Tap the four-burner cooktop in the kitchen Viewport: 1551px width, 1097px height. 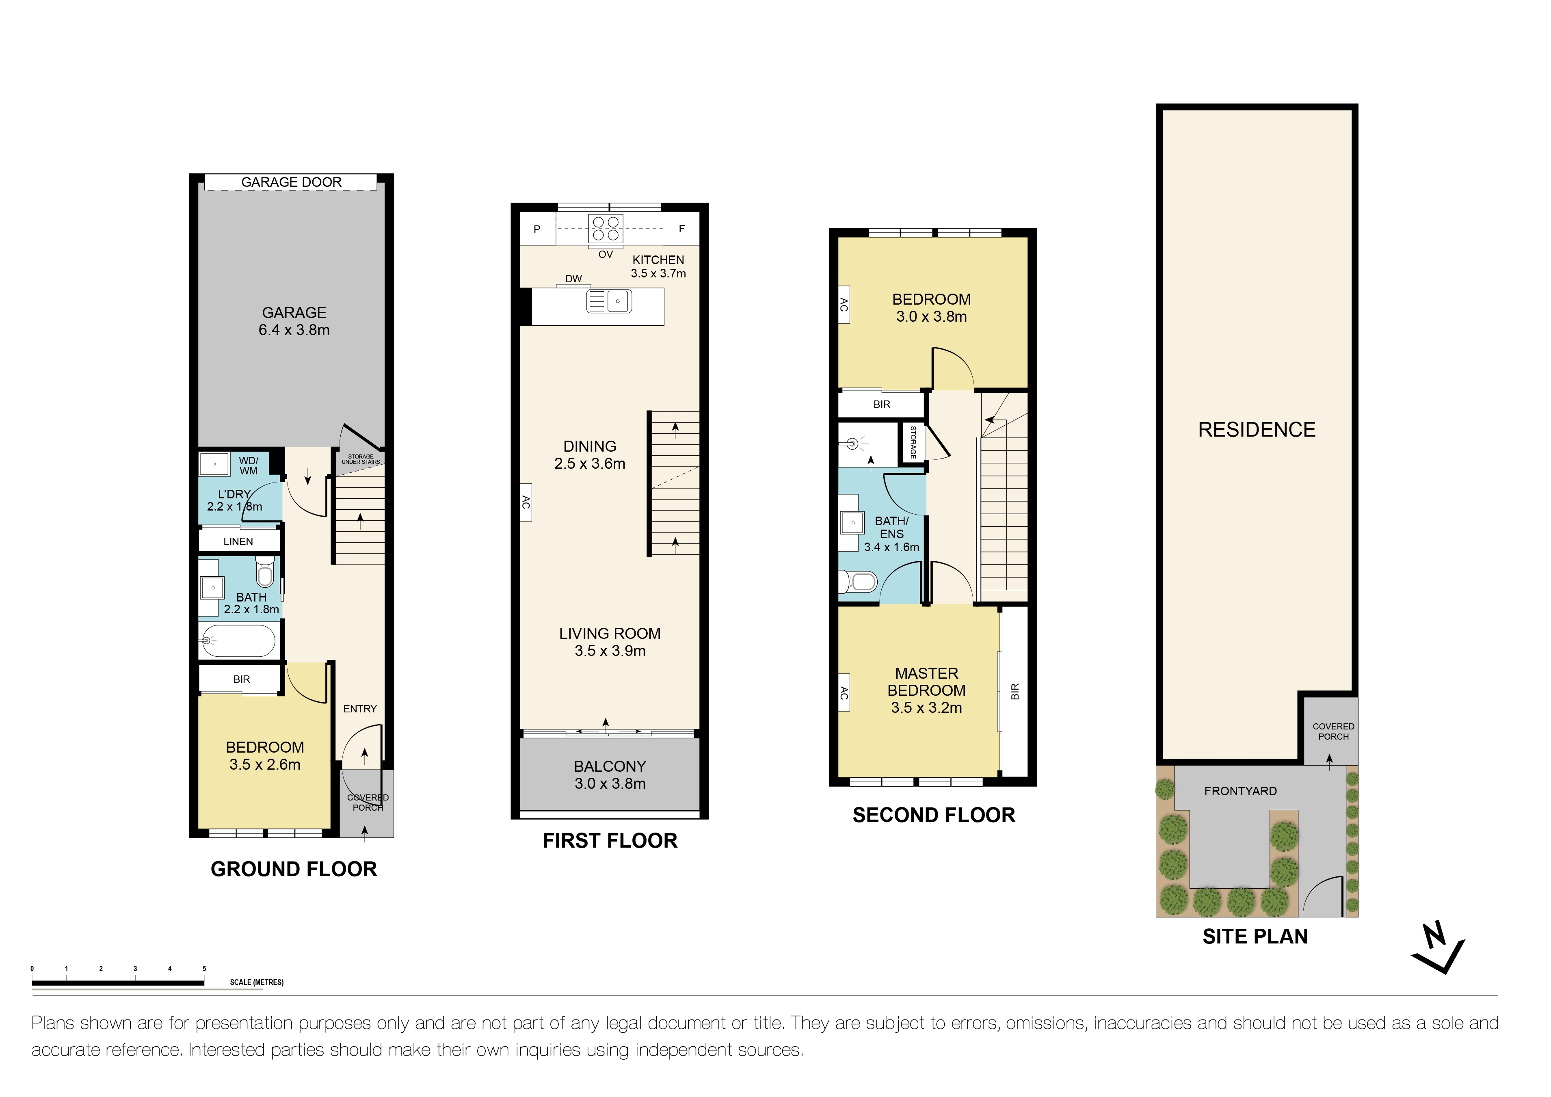click(x=605, y=228)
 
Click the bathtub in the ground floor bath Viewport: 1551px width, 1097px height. click(x=238, y=640)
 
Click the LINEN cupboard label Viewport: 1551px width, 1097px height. click(x=238, y=542)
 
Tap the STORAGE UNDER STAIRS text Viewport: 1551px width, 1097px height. click(x=361, y=459)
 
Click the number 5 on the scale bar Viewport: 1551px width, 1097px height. click(x=204, y=969)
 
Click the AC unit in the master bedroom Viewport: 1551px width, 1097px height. click(x=844, y=692)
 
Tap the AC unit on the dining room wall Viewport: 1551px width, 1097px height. click(x=526, y=502)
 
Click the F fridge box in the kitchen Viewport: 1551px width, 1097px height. click(x=681, y=229)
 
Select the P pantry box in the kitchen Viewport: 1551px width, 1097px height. click(x=537, y=229)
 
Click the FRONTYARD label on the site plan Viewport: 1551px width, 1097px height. click(x=1240, y=791)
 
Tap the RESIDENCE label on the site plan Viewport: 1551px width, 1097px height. click(x=1257, y=430)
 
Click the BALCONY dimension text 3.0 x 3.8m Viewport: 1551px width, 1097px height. click(x=610, y=783)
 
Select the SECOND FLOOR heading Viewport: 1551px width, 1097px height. click(x=934, y=815)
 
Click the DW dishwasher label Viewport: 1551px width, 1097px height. click(x=573, y=278)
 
